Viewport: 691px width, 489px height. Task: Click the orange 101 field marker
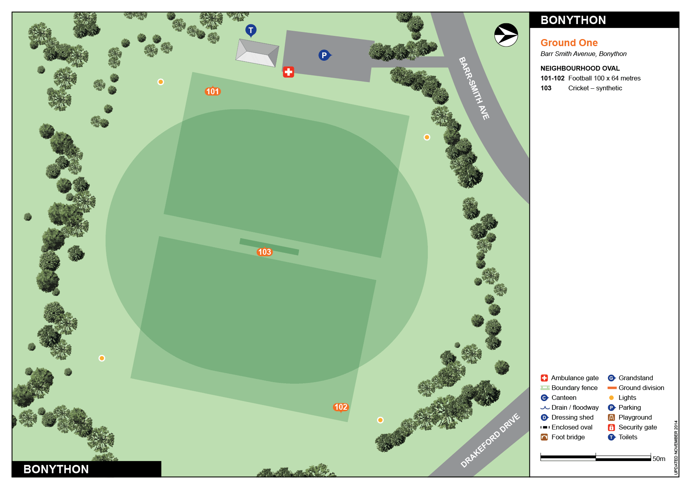pos(213,91)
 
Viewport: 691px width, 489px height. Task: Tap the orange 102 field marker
pos(341,407)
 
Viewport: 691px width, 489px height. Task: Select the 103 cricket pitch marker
pos(264,252)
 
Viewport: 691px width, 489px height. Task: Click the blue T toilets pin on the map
pos(251,30)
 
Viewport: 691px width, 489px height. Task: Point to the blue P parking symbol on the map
pos(324,55)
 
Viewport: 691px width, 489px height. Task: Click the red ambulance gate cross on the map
pos(288,72)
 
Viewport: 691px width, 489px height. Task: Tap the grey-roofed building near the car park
pos(257,53)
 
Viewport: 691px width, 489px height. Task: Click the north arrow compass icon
pos(506,35)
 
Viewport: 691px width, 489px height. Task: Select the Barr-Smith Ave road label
pos(474,88)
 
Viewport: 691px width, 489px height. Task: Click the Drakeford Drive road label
pos(490,440)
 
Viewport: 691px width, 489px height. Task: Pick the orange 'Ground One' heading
pos(569,43)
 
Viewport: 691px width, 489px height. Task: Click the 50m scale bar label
pos(659,459)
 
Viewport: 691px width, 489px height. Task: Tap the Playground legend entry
pos(635,417)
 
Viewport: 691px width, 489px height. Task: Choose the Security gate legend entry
pos(637,427)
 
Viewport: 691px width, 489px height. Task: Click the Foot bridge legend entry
pos(568,437)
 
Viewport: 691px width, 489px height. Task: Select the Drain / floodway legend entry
pos(574,407)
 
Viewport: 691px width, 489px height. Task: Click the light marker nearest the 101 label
pos(161,82)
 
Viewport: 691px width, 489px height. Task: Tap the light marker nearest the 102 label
pos(380,420)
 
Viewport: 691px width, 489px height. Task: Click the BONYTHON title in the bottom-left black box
pos(56,469)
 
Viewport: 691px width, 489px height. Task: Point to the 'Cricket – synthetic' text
pos(595,88)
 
